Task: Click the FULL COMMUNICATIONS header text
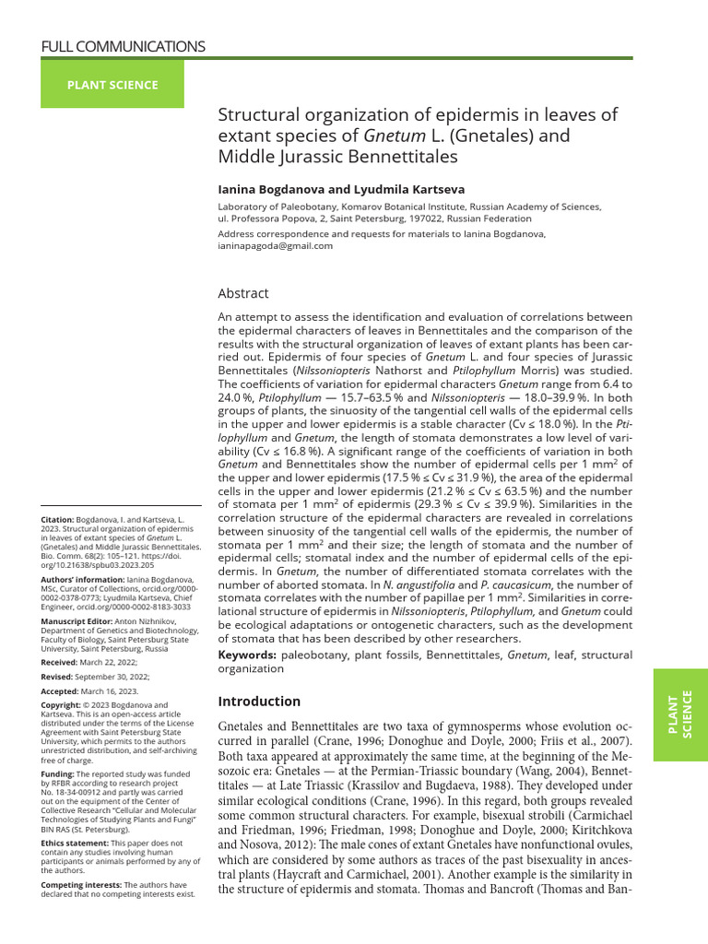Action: coord(124,46)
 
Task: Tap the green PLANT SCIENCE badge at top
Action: coord(112,85)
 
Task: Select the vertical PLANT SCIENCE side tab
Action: coord(679,714)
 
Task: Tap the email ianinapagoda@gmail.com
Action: coord(276,246)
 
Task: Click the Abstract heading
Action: coord(243,293)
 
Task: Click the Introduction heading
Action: coord(259,701)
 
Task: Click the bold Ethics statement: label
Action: coord(75,843)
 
